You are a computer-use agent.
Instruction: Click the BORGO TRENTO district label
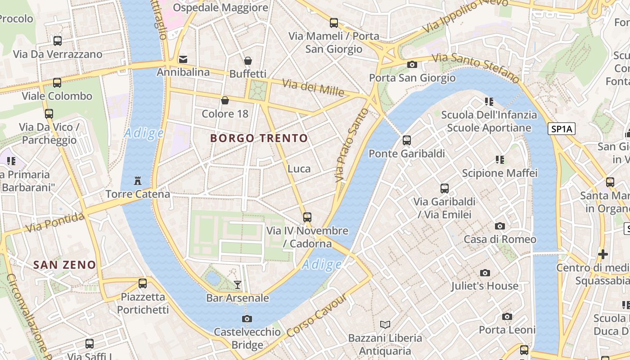[259, 138]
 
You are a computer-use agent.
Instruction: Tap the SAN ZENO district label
[64, 265]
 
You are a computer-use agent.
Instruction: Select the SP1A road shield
[562, 129]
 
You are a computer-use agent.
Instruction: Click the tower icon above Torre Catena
[138, 181]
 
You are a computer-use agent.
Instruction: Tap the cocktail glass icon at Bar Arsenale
[238, 284]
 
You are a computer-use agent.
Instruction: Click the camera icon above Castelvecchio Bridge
[247, 319]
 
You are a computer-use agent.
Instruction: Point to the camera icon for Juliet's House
[485, 273]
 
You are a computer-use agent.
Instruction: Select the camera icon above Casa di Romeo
[499, 226]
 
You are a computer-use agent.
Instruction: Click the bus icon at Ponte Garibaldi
[407, 140]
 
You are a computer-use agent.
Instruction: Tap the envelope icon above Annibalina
[183, 59]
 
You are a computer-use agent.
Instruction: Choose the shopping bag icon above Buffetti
[248, 61]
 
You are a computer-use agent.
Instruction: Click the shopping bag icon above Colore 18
[225, 100]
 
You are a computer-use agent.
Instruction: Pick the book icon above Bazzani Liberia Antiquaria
[385, 324]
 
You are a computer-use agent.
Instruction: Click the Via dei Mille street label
[313, 87]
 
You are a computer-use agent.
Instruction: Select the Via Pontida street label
[55, 222]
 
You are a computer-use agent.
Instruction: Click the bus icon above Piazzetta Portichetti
[143, 283]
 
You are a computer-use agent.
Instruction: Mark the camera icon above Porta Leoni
[507, 317]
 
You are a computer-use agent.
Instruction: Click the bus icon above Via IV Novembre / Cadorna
[307, 217]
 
